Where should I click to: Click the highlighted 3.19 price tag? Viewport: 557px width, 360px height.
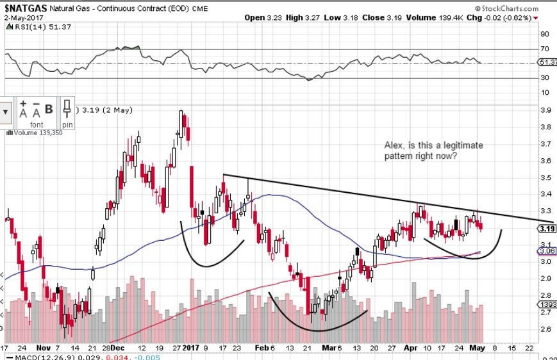coord(547,229)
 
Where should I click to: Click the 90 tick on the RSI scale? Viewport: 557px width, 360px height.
coord(544,34)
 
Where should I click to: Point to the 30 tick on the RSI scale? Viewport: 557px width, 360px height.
coord(544,78)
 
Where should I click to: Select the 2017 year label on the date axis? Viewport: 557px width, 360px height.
coord(191,347)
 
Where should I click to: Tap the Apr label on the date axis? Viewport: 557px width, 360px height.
coord(412,347)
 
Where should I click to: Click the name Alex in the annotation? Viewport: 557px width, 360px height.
coord(392,145)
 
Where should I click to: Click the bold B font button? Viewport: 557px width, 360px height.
coord(49,110)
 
